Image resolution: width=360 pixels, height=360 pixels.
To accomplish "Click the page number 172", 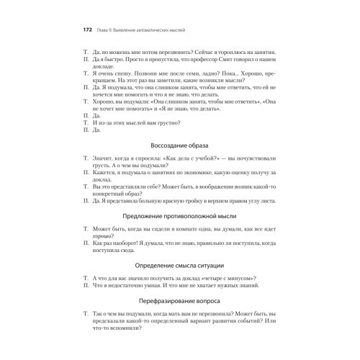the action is [88, 31].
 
